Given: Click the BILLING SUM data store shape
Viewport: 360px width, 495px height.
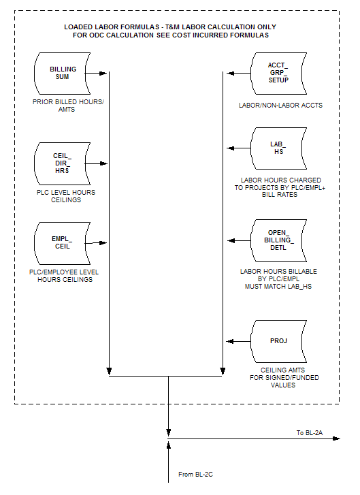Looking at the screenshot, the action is (x=62, y=74).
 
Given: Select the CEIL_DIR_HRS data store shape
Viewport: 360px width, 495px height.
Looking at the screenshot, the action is (x=62, y=163).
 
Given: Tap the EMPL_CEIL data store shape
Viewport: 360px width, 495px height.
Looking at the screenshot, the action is (x=62, y=243).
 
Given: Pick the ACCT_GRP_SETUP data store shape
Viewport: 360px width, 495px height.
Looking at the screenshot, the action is (x=278, y=74).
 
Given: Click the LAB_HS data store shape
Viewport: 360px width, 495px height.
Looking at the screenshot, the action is (x=278, y=148).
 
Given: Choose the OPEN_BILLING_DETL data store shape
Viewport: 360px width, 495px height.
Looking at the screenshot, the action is (x=278, y=240).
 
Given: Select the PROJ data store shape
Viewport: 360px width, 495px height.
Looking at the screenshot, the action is (x=278, y=341).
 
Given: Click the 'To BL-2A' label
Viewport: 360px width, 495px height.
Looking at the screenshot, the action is (x=310, y=433).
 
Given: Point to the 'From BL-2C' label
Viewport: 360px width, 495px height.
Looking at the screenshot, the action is (x=195, y=474).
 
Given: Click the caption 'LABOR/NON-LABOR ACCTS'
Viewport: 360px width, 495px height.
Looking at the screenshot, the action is (x=280, y=106).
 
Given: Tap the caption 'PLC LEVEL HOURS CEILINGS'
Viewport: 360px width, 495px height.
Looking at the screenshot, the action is (x=66, y=196).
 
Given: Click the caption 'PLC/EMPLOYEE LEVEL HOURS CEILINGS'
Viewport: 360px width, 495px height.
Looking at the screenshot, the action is (x=64, y=276).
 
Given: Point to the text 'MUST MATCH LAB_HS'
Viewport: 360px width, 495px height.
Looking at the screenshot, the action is (x=278, y=287).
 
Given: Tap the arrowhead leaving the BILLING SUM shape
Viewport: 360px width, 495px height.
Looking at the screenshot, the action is (x=103, y=74).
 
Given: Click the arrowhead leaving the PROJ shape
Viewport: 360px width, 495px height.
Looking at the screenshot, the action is (x=230, y=341).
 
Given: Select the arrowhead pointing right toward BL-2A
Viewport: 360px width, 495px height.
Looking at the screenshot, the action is (x=336, y=438).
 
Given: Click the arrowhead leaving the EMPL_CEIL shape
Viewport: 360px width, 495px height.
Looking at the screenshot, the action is (x=103, y=243).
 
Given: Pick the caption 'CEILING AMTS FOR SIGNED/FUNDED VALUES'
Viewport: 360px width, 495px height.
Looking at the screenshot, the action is (x=284, y=378).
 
